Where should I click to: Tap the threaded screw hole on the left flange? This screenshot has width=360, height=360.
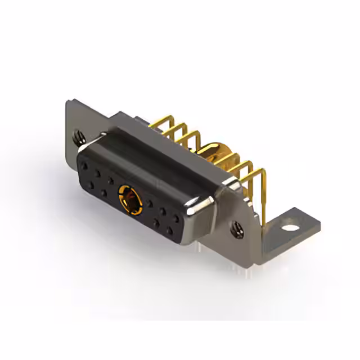click(x=77, y=135)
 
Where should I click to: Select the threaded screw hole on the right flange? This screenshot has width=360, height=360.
click(x=237, y=228)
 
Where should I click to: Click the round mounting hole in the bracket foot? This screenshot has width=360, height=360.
click(x=289, y=229)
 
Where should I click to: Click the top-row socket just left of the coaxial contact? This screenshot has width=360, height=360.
click(x=111, y=181)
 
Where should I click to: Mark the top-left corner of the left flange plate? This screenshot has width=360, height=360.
click(x=68, y=102)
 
